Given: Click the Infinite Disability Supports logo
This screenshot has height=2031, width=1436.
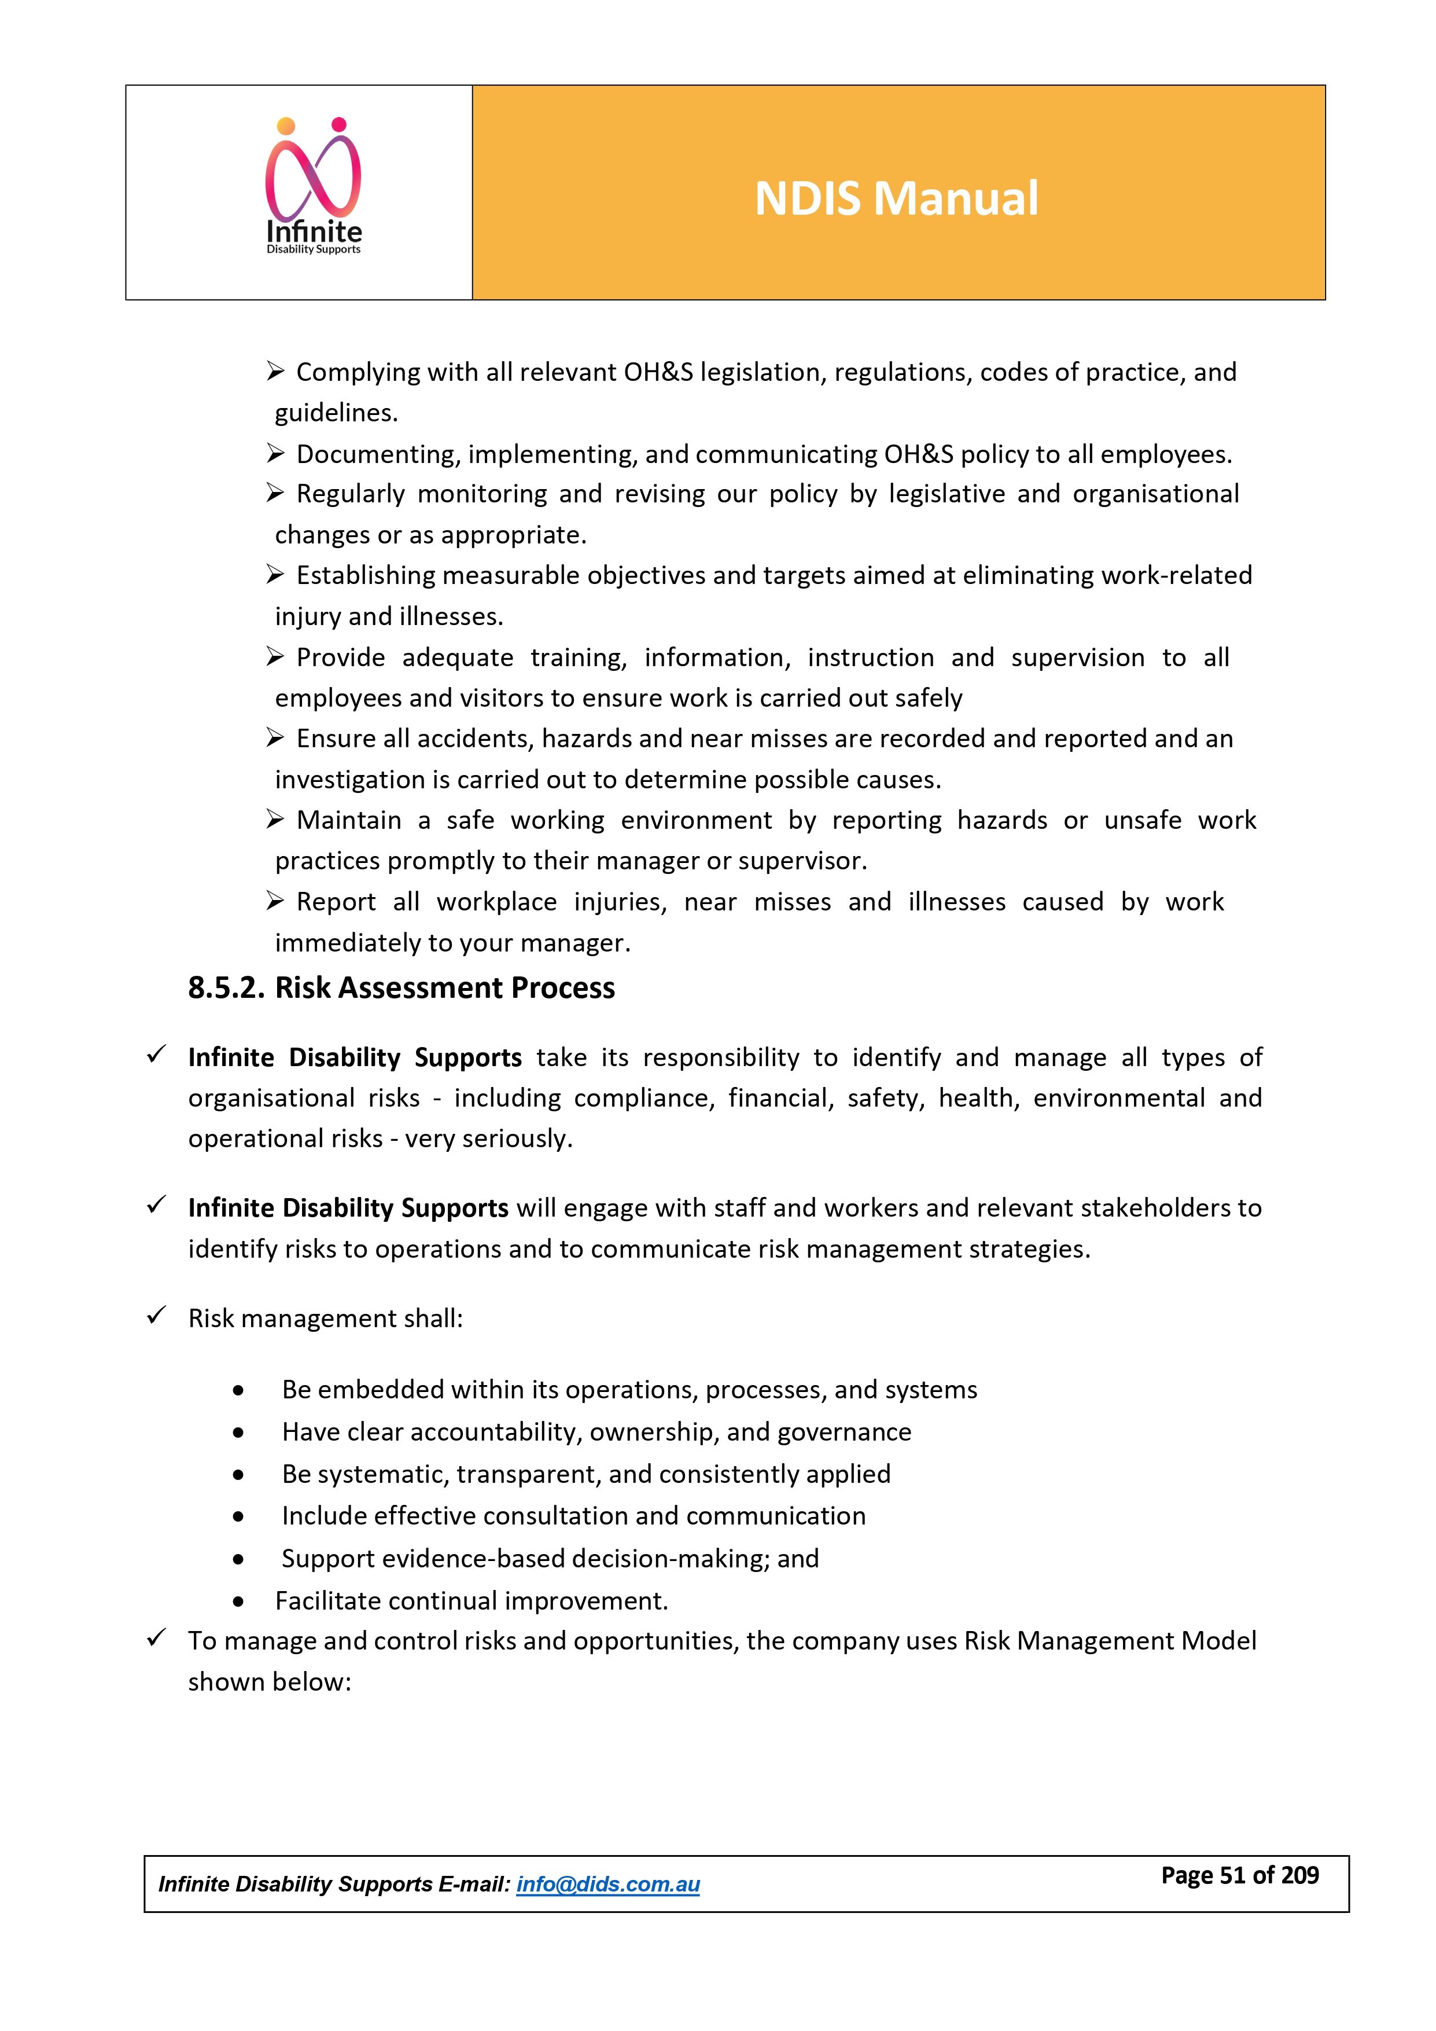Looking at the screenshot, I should (x=314, y=186).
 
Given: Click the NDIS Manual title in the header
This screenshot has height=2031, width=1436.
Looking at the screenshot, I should (x=896, y=198).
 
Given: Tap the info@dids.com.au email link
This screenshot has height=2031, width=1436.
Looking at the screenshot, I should (x=607, y=1884).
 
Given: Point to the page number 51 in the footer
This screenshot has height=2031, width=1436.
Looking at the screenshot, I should (x=1232, y=1875).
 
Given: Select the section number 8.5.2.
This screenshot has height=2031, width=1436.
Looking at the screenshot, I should (x=226, y=988).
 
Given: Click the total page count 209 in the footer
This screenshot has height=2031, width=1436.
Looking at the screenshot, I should (x=1300, y=1875).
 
